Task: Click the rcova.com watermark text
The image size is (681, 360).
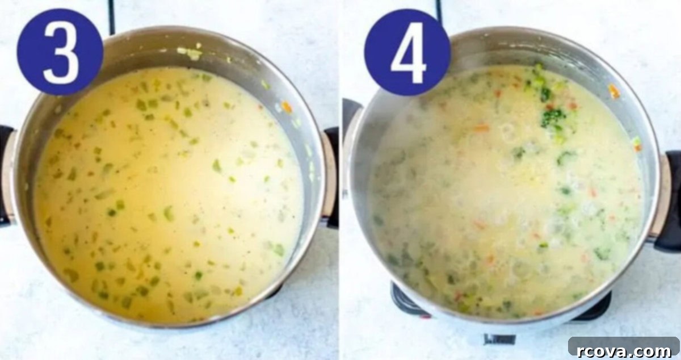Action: coord(624,351)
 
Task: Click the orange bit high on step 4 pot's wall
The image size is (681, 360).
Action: coord(613,91)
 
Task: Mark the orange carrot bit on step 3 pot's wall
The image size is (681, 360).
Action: coord(287,107)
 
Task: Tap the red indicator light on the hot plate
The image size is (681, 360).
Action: coord(426,316)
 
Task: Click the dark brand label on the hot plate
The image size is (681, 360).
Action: coord(500,339)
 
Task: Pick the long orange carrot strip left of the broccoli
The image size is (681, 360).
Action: coord(481,128)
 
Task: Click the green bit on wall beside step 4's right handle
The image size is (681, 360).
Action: coord(636,141)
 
